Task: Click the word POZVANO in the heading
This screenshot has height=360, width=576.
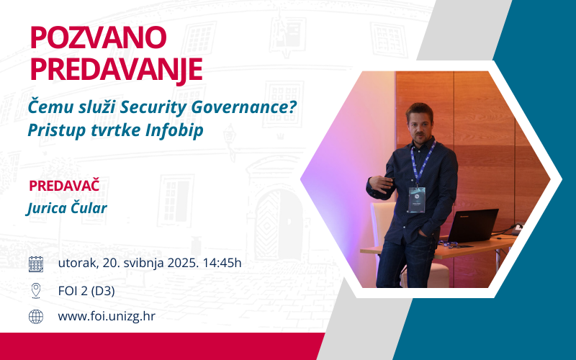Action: coord(98,37)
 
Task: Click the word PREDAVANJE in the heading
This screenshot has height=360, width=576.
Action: coord(116,69)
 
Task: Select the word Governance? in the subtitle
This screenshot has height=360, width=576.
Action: coord(244,107)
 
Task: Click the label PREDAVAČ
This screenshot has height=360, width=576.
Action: coord(64,185)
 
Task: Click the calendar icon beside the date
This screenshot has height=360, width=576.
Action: coord(36,264)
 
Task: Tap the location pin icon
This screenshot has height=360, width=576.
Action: coord(35,291)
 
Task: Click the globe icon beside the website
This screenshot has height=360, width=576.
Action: coord(36,316)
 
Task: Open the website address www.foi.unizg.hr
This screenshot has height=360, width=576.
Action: coord(107,316)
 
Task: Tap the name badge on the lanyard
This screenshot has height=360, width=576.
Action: coord(417,199)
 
